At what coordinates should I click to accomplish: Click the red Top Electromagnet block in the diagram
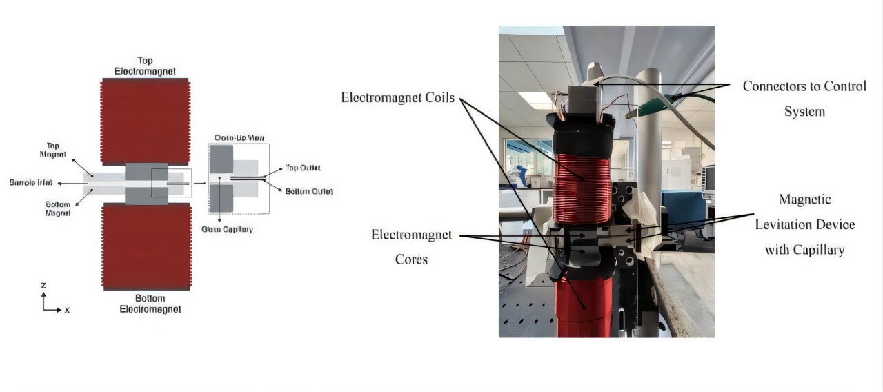click(x=145, y=121)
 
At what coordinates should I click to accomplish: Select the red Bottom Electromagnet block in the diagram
click(x=145, y=246)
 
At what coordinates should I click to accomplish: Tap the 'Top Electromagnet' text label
click(x=145, y=66)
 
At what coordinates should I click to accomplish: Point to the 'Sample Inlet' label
click(x=32, y=183)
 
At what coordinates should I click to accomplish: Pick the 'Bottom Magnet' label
click(x=58, y=208)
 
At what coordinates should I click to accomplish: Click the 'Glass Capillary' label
click(x=227, y=229)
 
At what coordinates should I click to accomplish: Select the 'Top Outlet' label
click(x=303, y=168)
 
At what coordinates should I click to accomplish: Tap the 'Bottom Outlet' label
click(x=308, y=191)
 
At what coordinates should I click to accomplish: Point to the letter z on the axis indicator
click(x=43, y=284)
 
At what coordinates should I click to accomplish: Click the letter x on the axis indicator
click(x=67, y=310)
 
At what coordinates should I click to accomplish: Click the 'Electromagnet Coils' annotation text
click(x=398, y=98)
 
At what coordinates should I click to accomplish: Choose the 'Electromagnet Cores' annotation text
click(x=411, y=247)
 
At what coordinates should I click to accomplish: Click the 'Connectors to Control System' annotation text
click(x=804, y=99)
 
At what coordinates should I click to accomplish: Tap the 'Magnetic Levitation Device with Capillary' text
click(x=804, y=225)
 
